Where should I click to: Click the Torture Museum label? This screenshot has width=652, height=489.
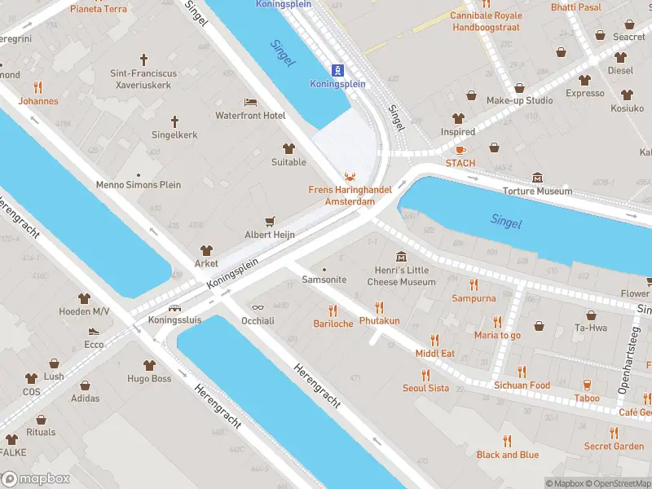(x=537, y=192)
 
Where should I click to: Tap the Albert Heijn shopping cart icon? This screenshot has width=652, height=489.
(x=270, y=221)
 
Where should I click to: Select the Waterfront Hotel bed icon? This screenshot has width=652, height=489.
(x=250, y=102)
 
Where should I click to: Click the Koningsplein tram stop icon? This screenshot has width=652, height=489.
(x=336, y=69)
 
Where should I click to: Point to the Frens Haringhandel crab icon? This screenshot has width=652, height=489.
(x=350, y=176)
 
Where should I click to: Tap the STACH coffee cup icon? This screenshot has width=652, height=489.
(x=460, y=149)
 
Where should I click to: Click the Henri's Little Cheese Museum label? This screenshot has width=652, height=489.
(x=401, y=276)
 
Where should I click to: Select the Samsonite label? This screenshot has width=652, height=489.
(x=324, y=280)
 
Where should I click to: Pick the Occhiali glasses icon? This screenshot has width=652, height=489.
(x=258, y=307)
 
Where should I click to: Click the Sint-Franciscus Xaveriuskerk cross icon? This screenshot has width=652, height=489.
(x=143, y=59)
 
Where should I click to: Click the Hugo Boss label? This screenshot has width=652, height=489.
(x=149, y=379)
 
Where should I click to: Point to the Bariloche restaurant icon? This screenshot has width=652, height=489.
(x=333, y=311)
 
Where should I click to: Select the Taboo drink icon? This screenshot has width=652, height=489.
(x=586, y=385)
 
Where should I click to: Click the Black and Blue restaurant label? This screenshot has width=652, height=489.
(x=507, y=455)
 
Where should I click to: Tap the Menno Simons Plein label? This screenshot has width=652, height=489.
(x=139, y=185)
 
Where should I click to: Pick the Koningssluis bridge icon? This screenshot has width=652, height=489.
(x=173, y=308)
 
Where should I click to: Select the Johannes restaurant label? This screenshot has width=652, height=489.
(x=38, y=102)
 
